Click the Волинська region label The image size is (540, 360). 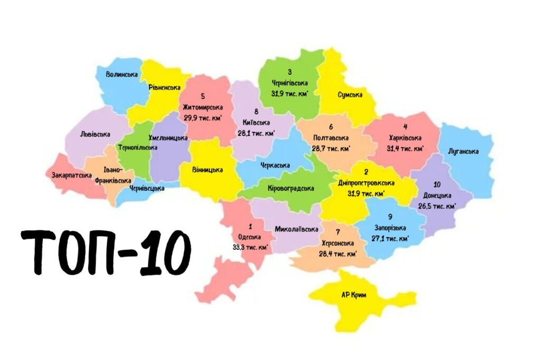pos(122,75)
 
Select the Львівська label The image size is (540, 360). pos(95,134)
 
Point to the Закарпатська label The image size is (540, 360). pos(72,175)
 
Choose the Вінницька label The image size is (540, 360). pos(207,170)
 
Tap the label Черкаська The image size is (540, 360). pos(275,166)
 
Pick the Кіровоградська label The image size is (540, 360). pos(291,188)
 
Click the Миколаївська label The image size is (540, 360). pos(296,229)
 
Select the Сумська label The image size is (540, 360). pos(350,95)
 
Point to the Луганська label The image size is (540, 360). pos(463,152)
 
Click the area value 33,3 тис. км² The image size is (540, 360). pos(250,247)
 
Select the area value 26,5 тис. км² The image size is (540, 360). pos(437,206)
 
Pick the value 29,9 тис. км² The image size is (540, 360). pos(203,118)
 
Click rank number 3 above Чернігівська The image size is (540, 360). pos(290,72)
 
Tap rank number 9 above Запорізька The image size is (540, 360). pos(390,217)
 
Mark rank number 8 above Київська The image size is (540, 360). pos(256,112)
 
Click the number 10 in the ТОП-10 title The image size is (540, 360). pos(165,253)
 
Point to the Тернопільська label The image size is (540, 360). pos(138,148)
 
